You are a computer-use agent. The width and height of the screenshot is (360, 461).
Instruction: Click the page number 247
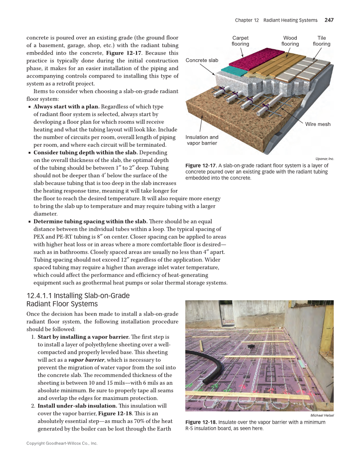coord(329,20)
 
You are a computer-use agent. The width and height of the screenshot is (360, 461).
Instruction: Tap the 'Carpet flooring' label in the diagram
coord(240,41)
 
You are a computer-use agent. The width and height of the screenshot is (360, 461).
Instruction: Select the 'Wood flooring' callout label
coord(290,41)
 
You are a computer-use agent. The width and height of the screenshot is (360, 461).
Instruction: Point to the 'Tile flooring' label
coord(321,41)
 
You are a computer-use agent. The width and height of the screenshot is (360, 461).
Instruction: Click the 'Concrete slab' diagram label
coord(202,60)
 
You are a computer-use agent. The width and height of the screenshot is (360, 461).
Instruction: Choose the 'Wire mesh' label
coord(318,124)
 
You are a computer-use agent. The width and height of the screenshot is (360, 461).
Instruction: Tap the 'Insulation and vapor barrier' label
coord(202,140)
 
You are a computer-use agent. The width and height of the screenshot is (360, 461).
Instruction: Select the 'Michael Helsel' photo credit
coord(322,415)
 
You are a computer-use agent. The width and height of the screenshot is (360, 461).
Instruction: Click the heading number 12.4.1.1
coord(41,296)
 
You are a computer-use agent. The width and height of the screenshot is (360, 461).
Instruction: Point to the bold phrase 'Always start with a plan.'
coord(66,106)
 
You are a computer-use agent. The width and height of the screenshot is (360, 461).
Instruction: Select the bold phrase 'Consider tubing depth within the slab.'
coord(85,152)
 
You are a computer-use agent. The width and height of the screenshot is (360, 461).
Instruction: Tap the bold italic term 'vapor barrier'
coord(86,360)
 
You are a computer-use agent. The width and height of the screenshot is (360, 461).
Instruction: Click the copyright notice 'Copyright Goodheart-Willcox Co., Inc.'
coord(62,443)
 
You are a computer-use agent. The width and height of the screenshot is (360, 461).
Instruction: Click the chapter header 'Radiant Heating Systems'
coord(290,20)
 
